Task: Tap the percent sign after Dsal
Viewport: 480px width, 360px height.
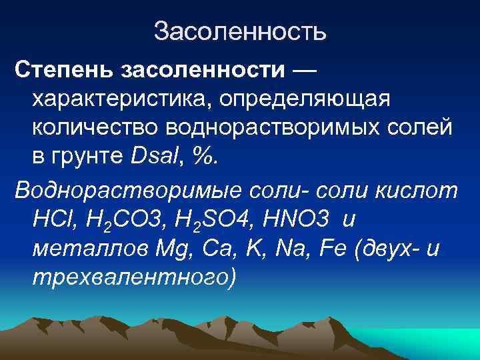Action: pos(209,158)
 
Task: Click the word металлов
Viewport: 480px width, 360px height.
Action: pos(85,249)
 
